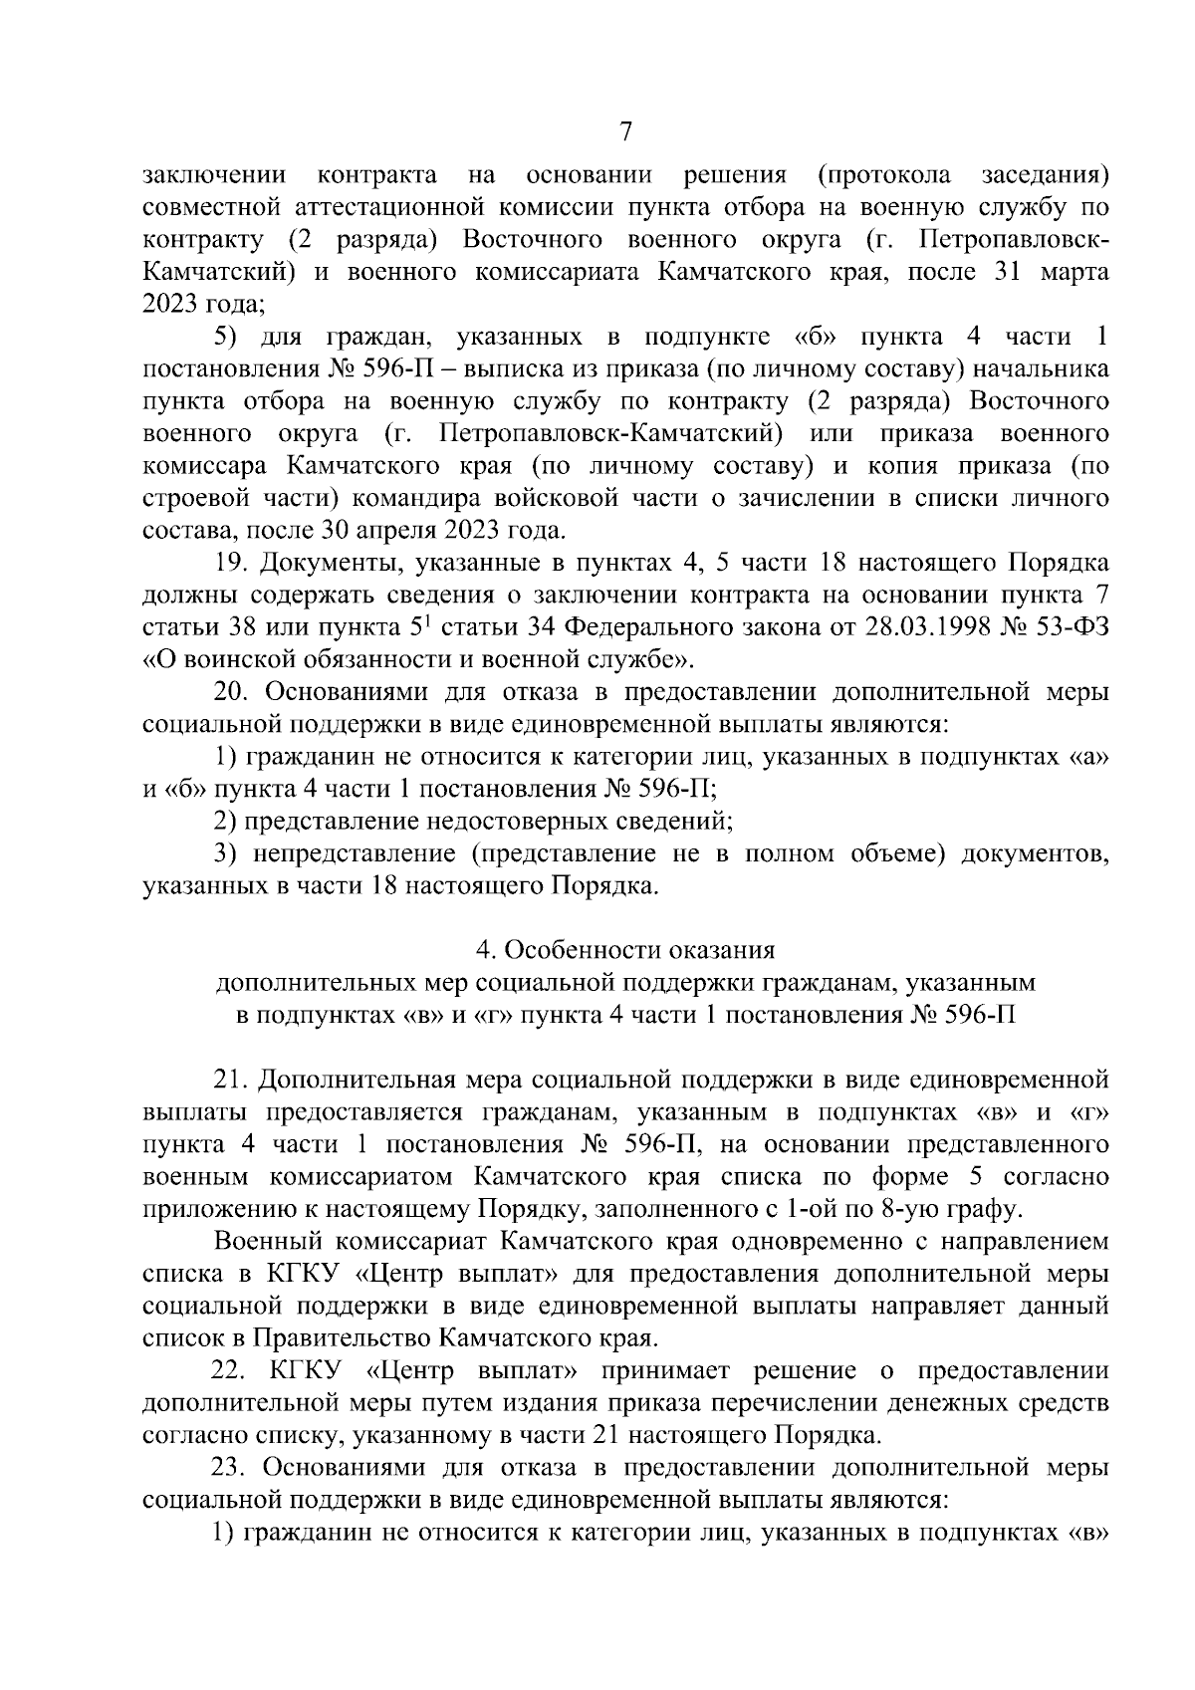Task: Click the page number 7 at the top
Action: [x=625, y=131]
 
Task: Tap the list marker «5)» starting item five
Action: [x=228, y=338]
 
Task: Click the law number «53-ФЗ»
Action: [x=1070, y=626]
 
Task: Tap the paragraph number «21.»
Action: [x=230, y=1079]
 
